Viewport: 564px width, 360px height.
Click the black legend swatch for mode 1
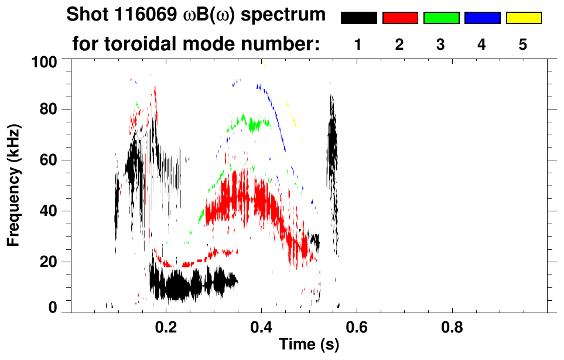(358, 18)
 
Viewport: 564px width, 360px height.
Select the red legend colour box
(400, 18)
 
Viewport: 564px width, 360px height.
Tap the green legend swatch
(441, 18)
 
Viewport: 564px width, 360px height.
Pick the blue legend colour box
(482, 18)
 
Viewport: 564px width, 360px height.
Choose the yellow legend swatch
(523, 18)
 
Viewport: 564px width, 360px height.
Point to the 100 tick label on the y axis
(45, 60)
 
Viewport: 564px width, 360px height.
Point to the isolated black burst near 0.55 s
(332, 146)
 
